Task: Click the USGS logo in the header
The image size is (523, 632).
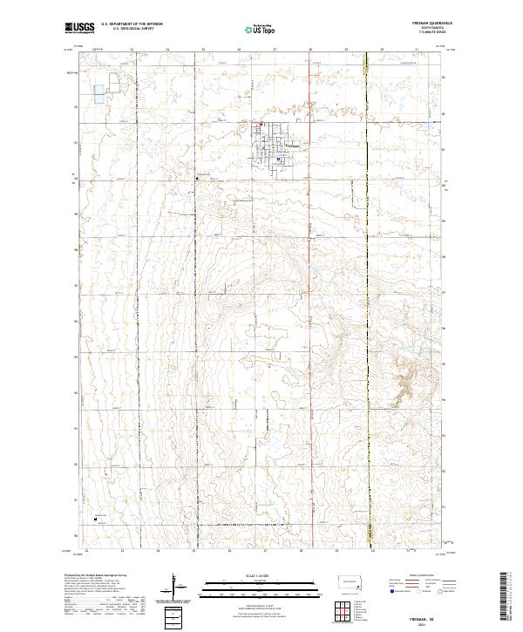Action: (x=80, y=29)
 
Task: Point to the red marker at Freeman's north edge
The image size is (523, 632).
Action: (x=259, y=123)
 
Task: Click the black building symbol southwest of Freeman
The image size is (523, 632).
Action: (x=197, y=178)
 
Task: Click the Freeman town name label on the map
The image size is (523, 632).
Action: (x=293, y=145)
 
